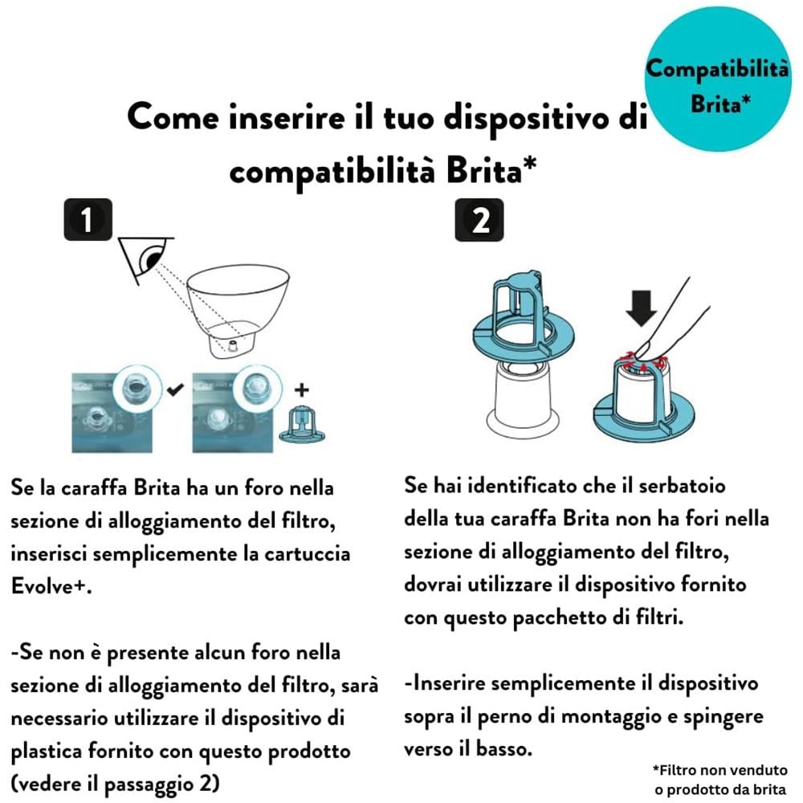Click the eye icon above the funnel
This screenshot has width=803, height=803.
pyautogui.click(x=149, y=259)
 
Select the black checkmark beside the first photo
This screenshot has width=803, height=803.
pyautogui.click(x=175, y=390)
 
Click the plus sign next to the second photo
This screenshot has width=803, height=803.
pyautogui.click(x=301, y=390)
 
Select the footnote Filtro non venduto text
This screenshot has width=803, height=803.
pyautogui.click(x=717, y=769)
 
